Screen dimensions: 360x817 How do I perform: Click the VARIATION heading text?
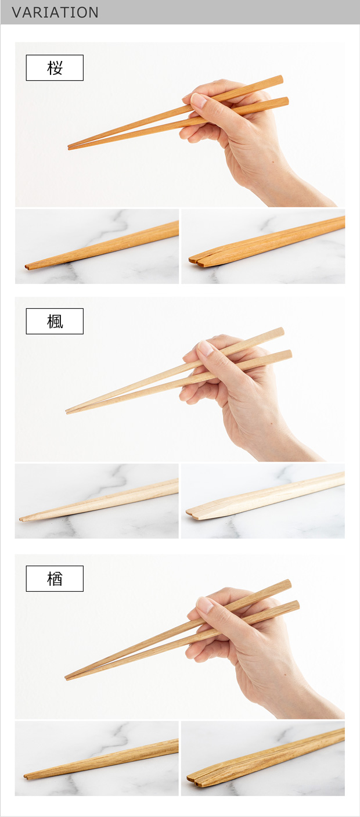click(x=55, y=12)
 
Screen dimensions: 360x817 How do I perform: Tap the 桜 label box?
click(x=55, y=67)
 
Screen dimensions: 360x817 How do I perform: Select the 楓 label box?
click(x=55, y=321)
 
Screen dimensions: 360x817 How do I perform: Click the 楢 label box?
click(x=55, y=578)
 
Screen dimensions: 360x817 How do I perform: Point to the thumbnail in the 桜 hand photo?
click(x=199, y=100)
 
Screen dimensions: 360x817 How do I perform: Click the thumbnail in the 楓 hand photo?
click(x=205, y=348)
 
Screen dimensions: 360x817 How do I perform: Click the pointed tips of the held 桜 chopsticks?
click(x=69, y=147)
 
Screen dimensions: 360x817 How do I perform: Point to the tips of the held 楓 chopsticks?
click(x=67, y=412)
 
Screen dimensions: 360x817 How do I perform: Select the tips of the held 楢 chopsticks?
click(x=67, y=678)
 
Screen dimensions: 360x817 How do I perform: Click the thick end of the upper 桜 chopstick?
click(x=281, y=80)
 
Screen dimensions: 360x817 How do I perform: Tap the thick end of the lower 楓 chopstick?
click(x=290, y=355)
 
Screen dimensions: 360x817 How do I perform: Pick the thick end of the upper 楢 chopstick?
click(x=289, y=584)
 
